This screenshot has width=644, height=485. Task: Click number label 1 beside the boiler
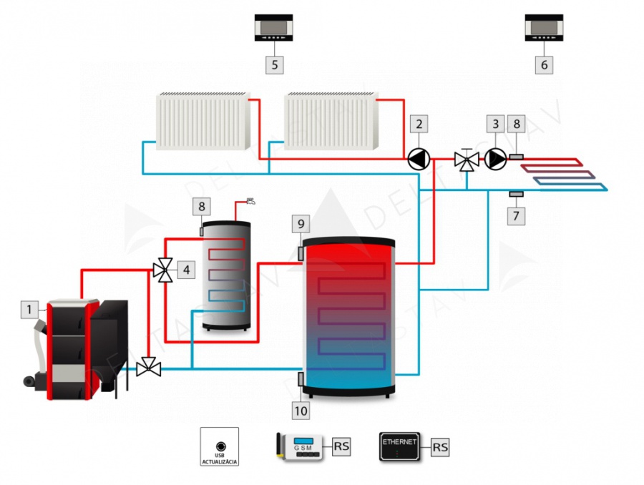[29, 310]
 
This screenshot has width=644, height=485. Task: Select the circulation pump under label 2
[418, 159]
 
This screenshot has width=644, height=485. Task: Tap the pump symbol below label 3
[495, 159]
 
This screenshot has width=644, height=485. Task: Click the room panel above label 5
[274, 29]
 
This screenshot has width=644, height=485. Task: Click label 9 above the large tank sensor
[301, 224]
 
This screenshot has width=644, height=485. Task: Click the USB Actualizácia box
[220, 447]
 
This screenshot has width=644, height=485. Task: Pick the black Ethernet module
[400, 447]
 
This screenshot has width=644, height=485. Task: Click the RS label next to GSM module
[342, 448]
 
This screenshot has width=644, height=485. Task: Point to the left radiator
[203, 122]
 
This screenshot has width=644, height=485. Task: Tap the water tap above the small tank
[250, 201]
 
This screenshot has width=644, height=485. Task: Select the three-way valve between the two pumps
[467, 160]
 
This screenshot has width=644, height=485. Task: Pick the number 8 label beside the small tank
[202, 207]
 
